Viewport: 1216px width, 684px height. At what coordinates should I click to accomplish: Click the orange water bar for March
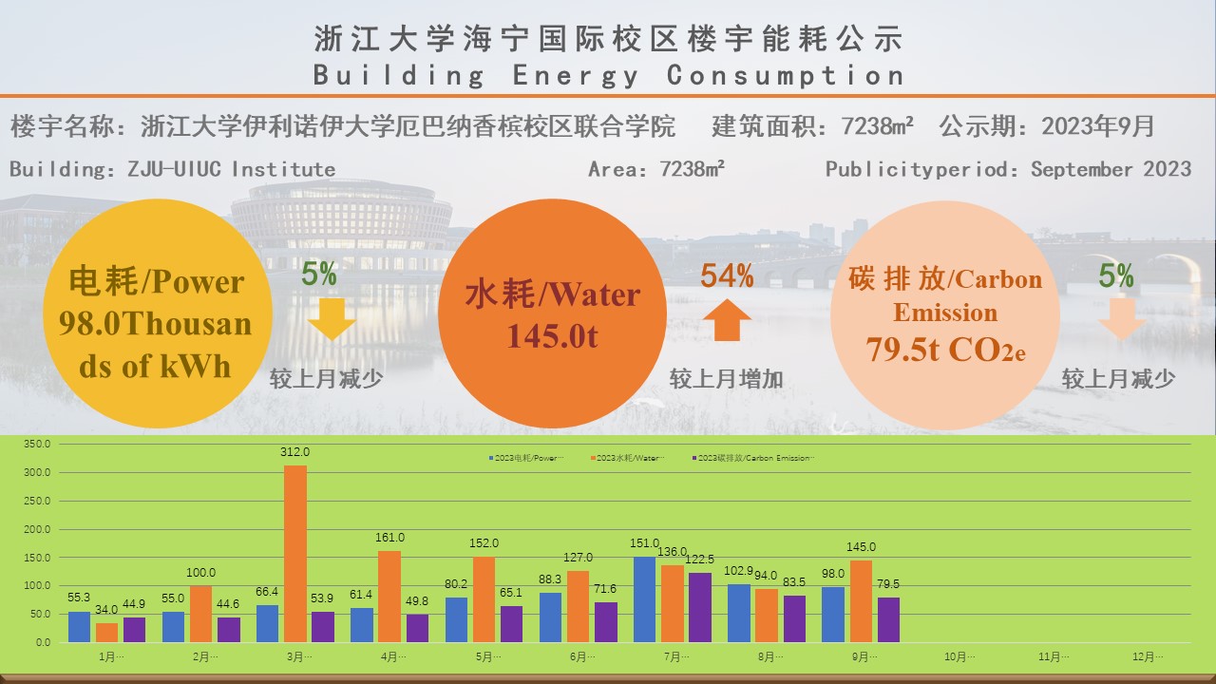[x=295, y=554]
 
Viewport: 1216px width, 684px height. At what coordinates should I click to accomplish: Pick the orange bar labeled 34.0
[x=107, y=633]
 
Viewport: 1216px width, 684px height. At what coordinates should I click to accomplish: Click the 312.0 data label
[x=295, y=452]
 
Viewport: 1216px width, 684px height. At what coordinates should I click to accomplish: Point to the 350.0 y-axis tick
[x=37, y=444]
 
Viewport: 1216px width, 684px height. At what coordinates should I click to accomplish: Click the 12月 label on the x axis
[x=1148, y=656]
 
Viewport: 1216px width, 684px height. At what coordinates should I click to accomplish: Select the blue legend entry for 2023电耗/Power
[x=528, y=458]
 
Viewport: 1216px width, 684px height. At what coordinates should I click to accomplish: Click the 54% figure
[x=727, y=276]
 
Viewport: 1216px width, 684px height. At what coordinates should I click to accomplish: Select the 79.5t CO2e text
[x=945, y=350]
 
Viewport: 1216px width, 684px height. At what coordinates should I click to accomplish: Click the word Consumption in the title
[x=786, y=75]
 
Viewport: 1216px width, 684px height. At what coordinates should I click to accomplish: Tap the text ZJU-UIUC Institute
[x=231, y=169]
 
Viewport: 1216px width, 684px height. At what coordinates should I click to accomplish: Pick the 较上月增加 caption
[x=727, y=379]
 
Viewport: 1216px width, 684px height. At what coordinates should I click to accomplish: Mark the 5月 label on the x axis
[x=484, y=656]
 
